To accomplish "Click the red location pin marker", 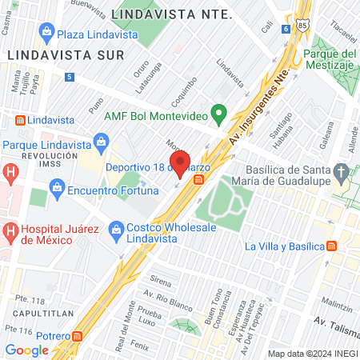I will coord(180,162).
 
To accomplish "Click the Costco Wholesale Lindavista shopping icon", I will coord(115,228).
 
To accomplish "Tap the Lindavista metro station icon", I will coord(18,120).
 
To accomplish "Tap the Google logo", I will coord(26,350).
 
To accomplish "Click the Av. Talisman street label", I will coord(335,323).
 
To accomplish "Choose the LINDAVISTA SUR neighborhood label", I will coord(65,54).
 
